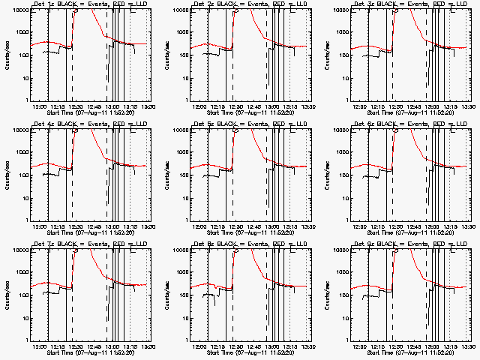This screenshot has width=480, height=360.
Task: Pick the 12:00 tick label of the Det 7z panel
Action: pyautogui.click(x=41, y=346)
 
